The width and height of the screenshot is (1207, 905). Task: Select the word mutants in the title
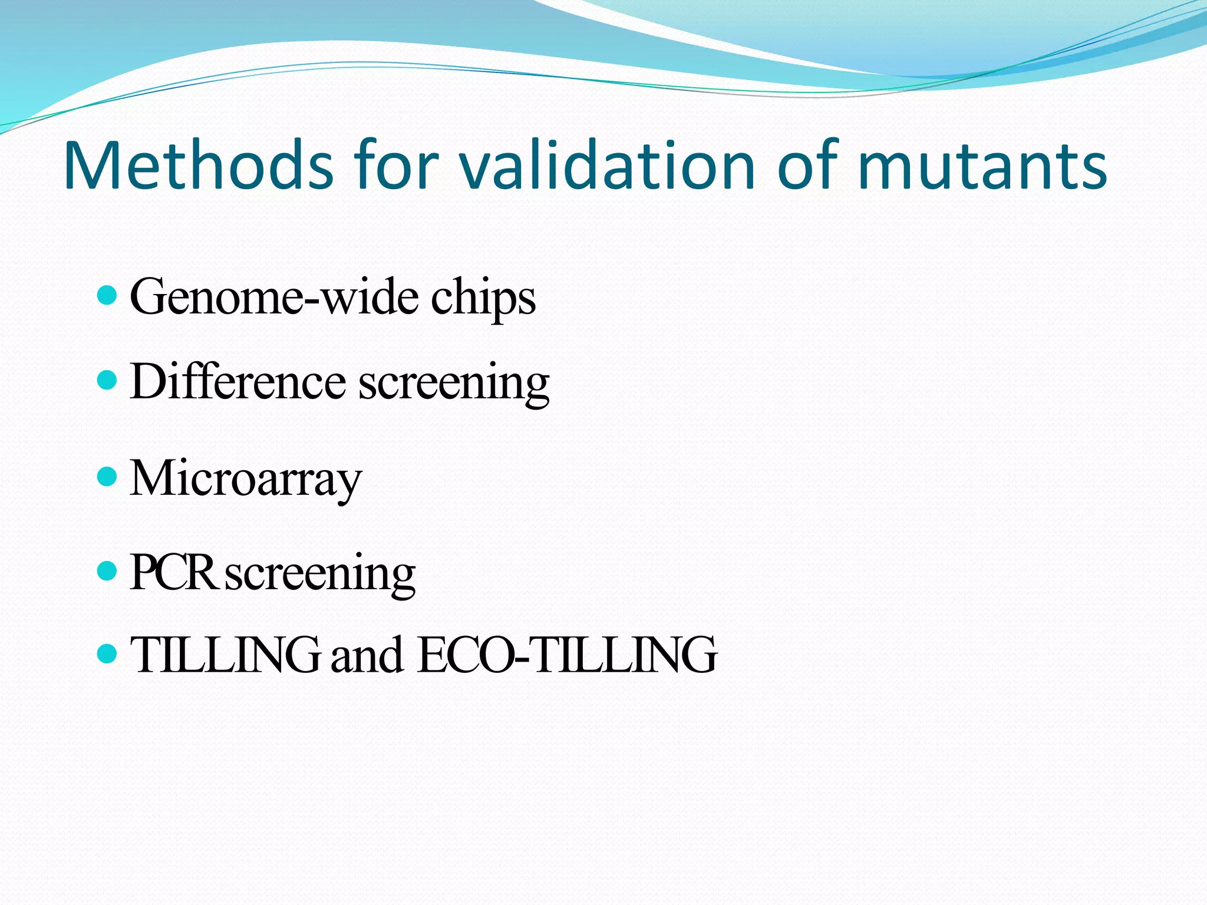coord(982,167)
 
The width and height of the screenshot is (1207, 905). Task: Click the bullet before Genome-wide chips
coord(106,295)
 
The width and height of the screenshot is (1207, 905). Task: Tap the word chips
coord(483,299)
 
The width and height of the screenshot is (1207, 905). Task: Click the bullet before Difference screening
coord(106,379)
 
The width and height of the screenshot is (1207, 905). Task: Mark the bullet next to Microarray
coord(106,475)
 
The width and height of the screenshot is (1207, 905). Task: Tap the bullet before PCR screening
coord(106,570)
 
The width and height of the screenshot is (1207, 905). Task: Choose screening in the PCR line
coord(321,575)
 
